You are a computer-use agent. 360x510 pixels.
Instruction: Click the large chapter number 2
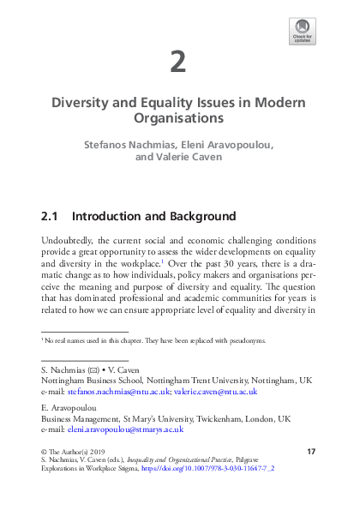[178, 62]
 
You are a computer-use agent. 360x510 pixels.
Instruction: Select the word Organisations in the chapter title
[178, 117]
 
